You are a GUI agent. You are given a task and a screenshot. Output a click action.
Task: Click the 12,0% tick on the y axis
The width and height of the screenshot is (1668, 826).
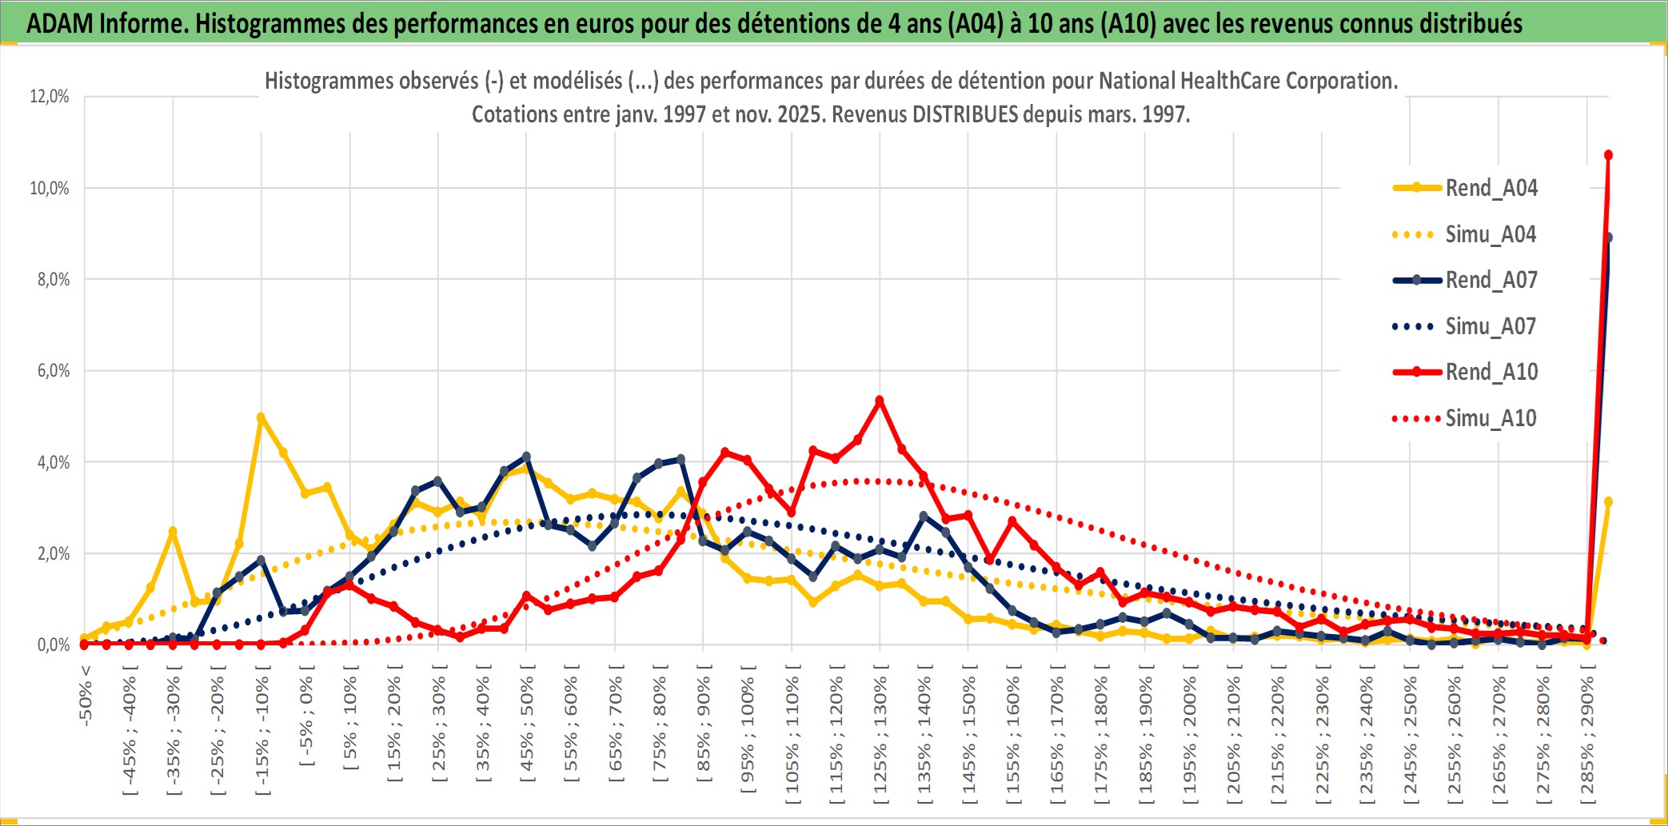click(x=50, y=97)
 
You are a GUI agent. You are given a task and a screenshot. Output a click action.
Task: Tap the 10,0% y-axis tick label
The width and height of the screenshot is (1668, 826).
click(x=50, y=188)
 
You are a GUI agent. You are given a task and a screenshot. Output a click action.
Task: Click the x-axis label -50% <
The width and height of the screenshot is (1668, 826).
click(x=86, y=696)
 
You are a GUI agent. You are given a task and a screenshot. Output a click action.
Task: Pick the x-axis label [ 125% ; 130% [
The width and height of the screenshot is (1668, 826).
click(x=880, y=736)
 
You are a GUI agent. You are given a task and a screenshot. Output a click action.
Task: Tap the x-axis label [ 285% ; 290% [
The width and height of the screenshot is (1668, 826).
click(x=1586, y=736)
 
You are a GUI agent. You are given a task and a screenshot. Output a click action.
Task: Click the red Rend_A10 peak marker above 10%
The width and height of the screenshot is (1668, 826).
click(x=1608, y=155)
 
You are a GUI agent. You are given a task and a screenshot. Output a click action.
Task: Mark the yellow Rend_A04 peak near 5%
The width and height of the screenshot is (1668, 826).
click(x=261, y=417)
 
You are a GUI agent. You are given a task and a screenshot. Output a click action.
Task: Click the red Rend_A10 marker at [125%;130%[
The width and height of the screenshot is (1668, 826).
click(x=880, y=401)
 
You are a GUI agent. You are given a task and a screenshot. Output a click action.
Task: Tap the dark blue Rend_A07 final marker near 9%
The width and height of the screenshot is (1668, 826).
click(x=1608, y=237)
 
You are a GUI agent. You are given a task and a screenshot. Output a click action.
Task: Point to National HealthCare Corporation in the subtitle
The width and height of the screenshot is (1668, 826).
click(x=1247, y=81)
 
